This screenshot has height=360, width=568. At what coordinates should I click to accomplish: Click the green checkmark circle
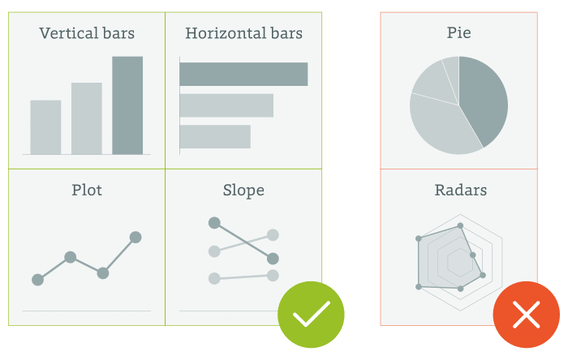[311, 315]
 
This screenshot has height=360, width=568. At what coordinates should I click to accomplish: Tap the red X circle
[527, 315]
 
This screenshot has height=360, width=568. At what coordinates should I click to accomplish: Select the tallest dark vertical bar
[127, 105]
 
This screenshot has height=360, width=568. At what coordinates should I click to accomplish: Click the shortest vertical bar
[45, 127]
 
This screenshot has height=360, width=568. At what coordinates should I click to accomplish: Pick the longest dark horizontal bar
[243, 74]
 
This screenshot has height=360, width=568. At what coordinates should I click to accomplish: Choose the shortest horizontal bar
[215, 136]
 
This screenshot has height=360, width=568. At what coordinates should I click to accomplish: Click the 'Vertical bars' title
[87, 33]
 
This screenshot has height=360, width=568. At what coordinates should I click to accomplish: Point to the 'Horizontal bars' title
[243, 33]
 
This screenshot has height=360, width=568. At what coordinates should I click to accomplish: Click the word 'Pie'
[459, 33]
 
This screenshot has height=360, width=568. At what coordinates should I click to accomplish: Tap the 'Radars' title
[460, 190]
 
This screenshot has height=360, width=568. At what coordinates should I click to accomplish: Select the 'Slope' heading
[243, 191]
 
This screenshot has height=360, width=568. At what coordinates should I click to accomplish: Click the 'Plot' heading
[87, 190]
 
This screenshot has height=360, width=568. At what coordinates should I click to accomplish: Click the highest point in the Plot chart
[136, 238]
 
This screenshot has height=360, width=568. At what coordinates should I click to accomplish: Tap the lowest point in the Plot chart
[37, 280]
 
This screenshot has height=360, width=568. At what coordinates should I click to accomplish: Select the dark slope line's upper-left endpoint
[214, 223]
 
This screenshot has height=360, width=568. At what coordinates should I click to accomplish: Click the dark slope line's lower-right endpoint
[273, 259]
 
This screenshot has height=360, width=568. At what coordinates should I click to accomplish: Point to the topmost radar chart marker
[460, 225]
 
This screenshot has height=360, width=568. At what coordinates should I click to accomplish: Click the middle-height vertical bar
[87, 118]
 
